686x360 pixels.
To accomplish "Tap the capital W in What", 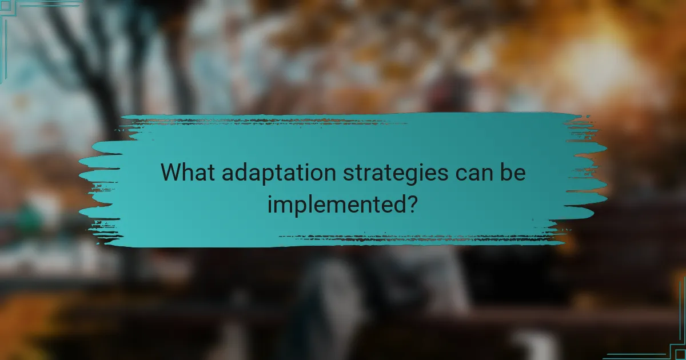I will pos(173,172).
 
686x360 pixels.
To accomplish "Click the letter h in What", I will pos(190,171).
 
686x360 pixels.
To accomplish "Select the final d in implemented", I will pos(398,202).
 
